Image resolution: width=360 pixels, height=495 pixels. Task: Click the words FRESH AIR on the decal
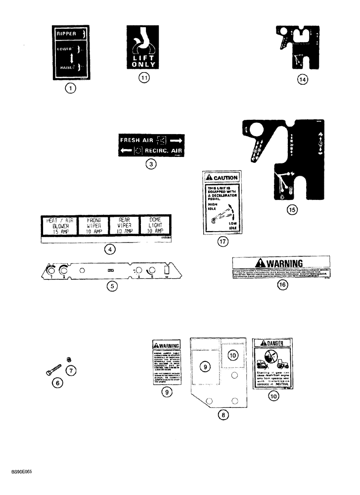coord(138,140)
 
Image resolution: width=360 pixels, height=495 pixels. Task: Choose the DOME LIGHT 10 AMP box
coord(153,226)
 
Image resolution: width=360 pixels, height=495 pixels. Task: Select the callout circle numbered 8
coord(223,416)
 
